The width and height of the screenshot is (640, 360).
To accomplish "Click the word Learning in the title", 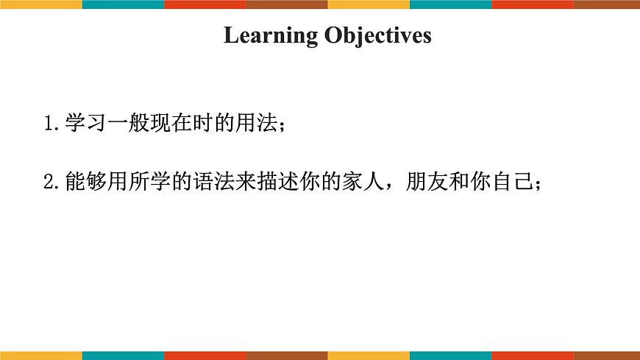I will (x=270, y=35).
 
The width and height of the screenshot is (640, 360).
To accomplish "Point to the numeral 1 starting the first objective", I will (x=49, y=123).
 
